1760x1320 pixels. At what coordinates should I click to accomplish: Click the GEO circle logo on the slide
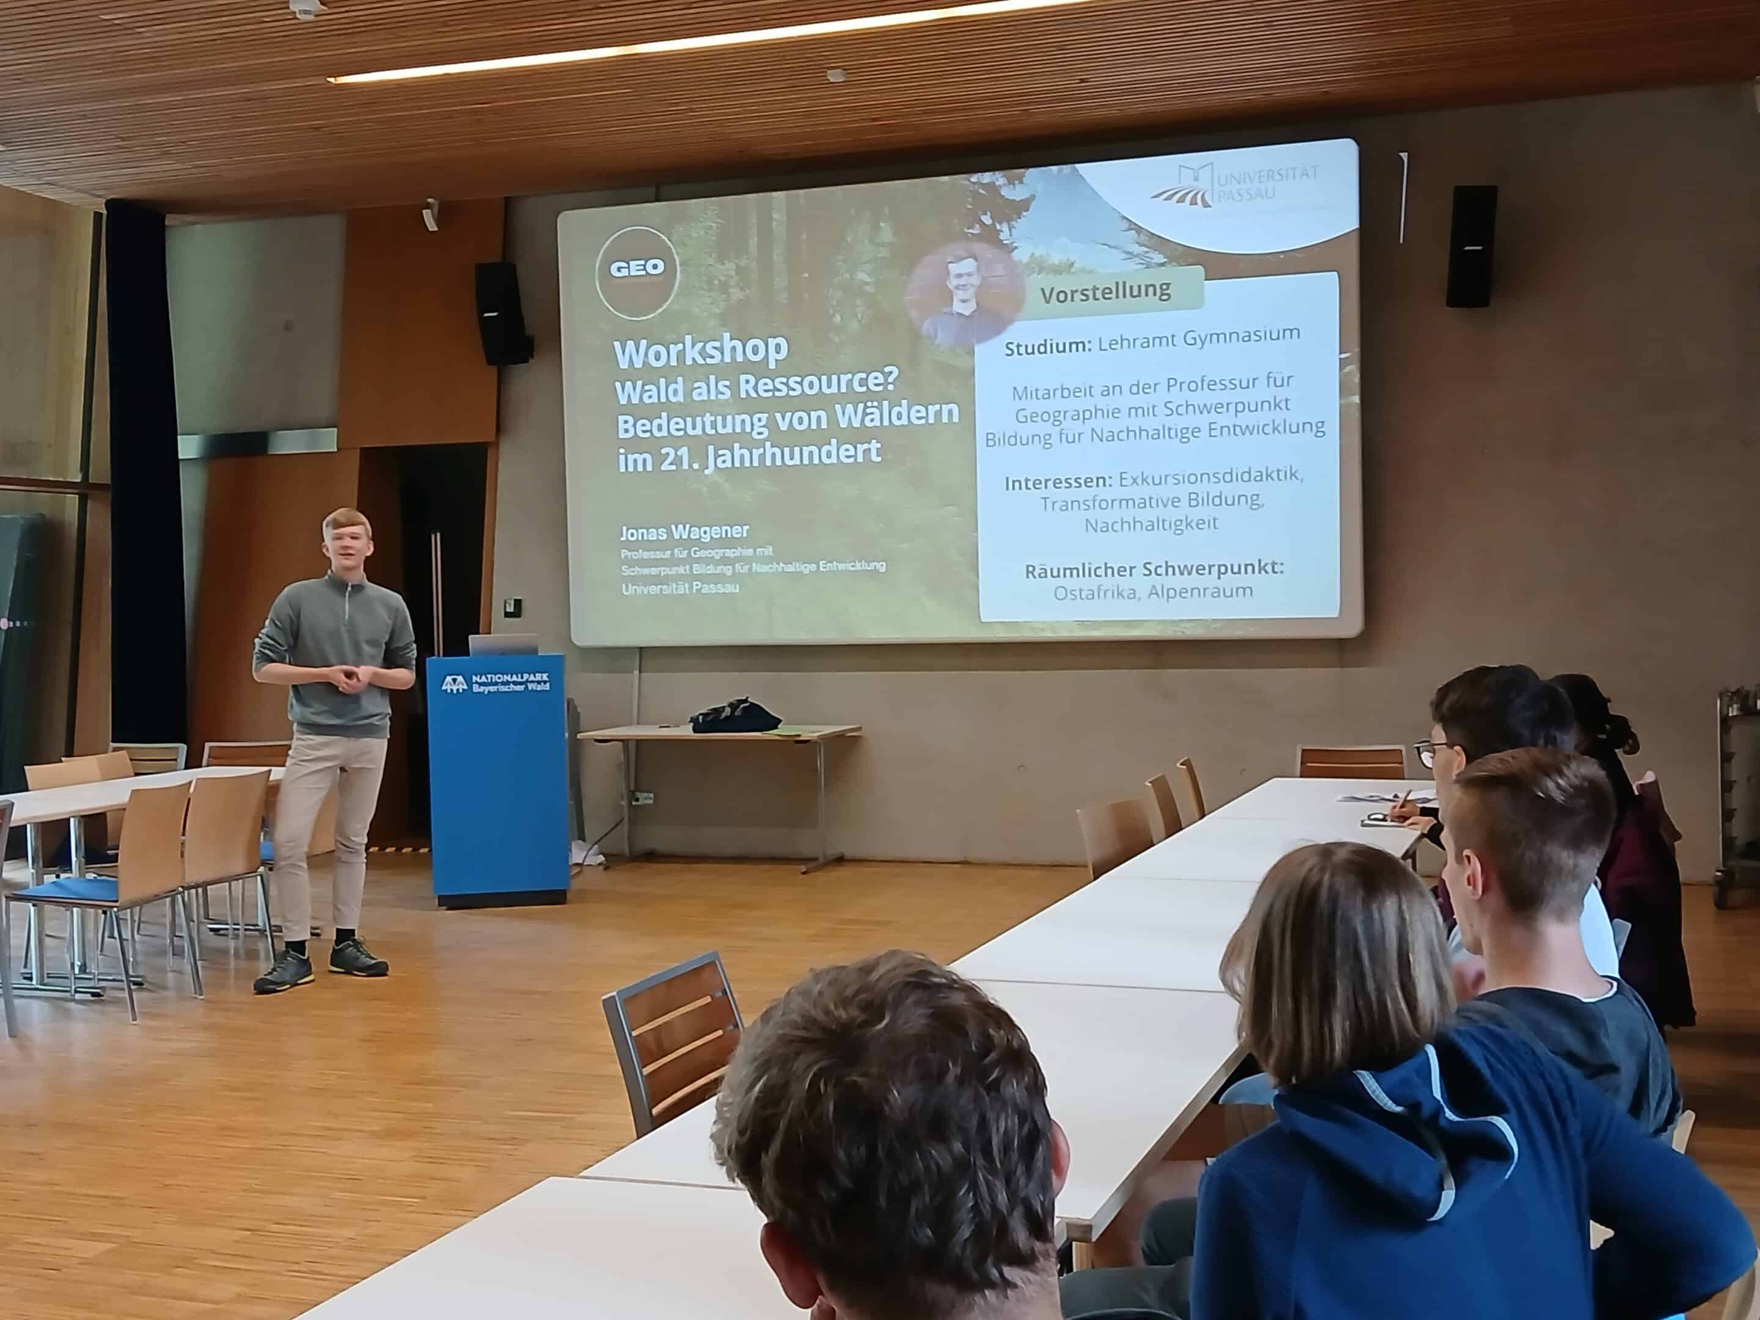pyautogui.click(x=637, y=272)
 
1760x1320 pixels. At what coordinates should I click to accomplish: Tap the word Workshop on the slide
pyautogui.click(x=701, y=351)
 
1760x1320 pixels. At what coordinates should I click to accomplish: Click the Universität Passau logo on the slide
pyautogui.click(x=1235, y=185)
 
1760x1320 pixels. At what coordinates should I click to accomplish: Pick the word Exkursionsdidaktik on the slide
pyautogui.click(x=1210, y=477)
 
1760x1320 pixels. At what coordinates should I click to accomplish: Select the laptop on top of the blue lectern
pyautogui.click(x=503, y=643)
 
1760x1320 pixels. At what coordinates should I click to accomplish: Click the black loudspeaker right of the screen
pyautogui.click(x=1471, y=246)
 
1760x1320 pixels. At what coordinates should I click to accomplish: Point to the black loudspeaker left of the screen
pyautogui.click(x=502, y=313)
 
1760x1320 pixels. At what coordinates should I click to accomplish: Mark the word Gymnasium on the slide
pyautogui.click(x=1241, y=337)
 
